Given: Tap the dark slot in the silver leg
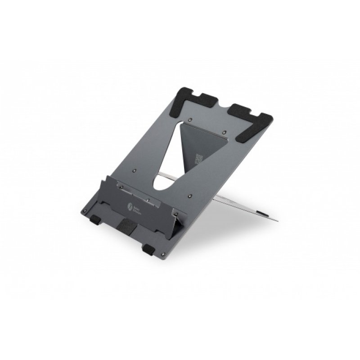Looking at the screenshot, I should point(262,210).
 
